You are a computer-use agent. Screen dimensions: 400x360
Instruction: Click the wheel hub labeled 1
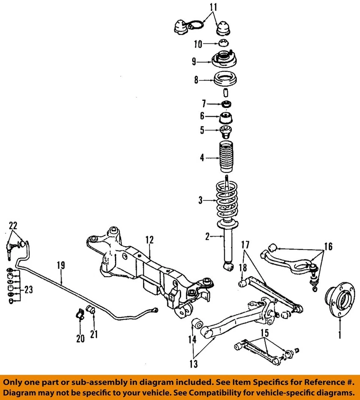341,299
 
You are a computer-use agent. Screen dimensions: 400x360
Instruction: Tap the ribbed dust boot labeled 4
227,158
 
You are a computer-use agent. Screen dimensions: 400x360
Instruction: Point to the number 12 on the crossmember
149,240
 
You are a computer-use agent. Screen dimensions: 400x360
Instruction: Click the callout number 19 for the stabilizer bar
61,264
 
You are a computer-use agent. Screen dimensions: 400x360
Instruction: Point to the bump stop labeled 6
226,118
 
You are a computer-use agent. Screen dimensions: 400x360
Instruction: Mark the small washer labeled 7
227,104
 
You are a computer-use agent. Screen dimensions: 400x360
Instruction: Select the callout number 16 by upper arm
328,247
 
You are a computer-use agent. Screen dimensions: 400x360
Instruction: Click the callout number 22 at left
13,225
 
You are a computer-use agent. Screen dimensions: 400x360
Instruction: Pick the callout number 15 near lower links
264,333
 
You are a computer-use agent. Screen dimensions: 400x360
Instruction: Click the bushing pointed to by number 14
198,324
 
